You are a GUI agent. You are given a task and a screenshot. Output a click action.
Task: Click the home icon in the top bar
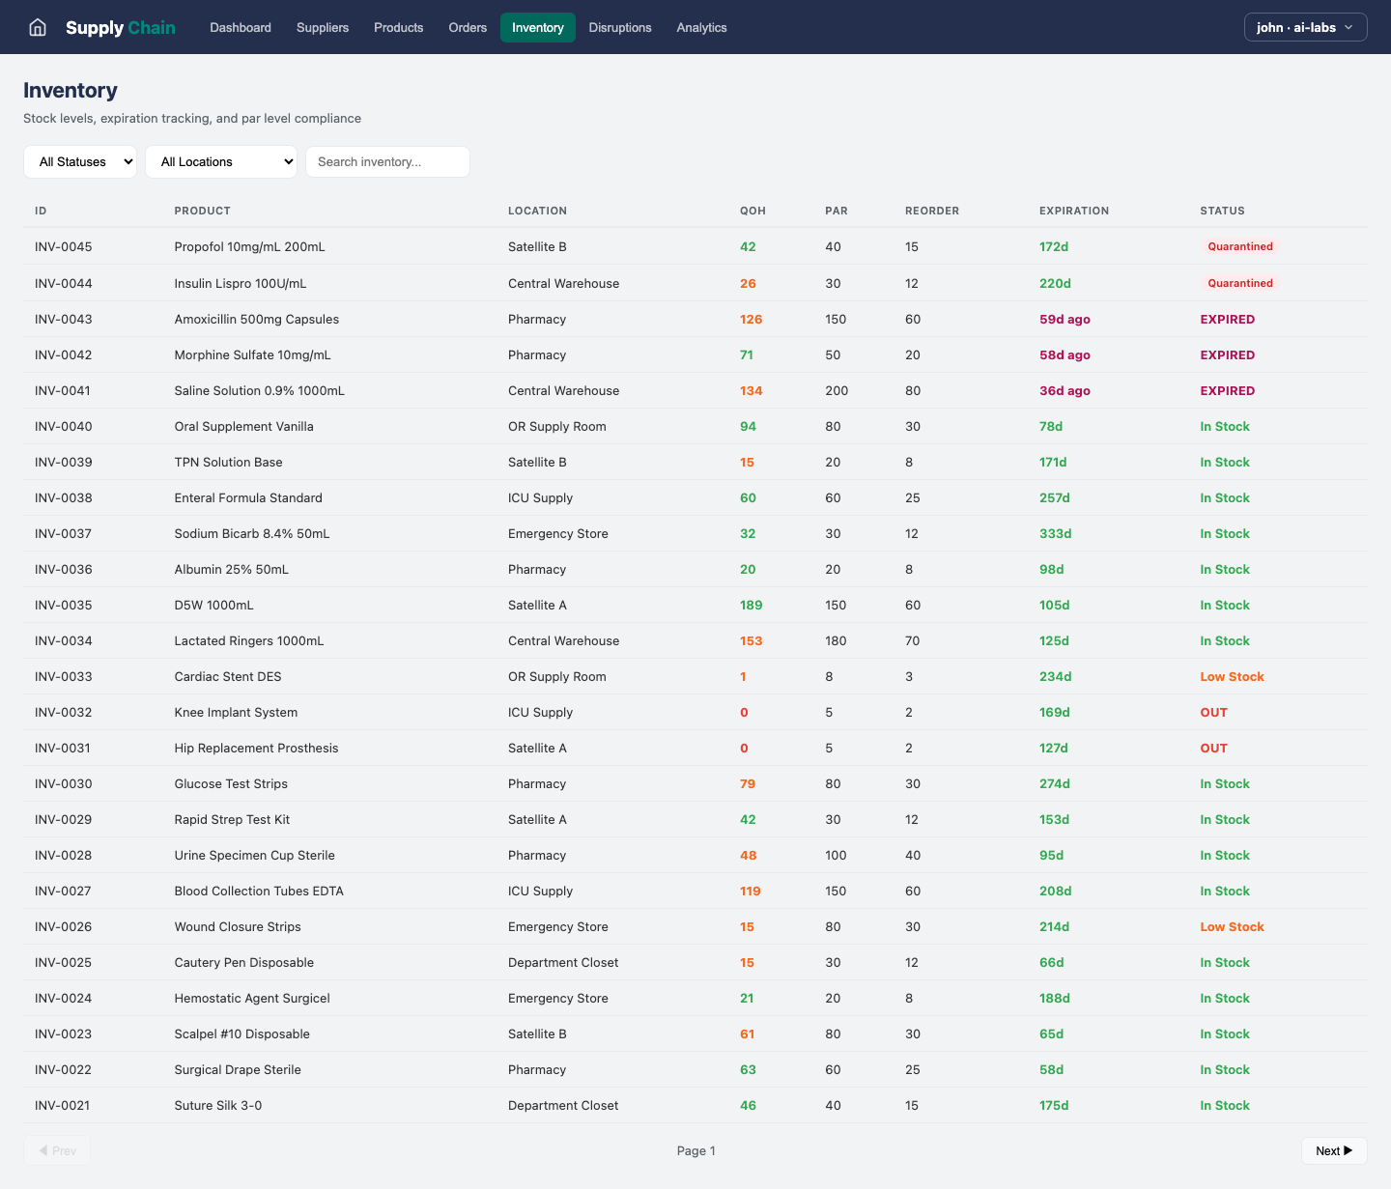pos(38,27)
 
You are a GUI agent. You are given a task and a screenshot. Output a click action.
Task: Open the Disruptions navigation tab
pos(620,27)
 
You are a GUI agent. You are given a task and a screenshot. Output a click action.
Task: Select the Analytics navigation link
pos(701,27)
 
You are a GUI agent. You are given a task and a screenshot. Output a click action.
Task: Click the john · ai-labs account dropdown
pos(1305,27)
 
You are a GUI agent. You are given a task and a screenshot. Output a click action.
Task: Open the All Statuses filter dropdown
pos(80,162)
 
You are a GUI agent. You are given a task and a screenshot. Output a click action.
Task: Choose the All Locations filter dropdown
pos(221,162)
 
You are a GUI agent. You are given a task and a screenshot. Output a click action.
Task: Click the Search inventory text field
pos(387,162)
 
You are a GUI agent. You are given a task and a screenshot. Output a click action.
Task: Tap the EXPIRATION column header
pos(1073,211)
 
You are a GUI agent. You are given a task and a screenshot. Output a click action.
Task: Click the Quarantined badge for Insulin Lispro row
pos(1239,283)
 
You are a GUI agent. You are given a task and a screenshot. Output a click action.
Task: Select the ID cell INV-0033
pos(64,676)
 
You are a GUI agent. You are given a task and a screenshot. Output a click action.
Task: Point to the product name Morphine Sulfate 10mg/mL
pos(252,354)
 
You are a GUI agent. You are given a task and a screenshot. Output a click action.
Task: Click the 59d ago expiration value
pos(1065,319)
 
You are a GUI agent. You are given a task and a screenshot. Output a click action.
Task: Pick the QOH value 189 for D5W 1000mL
pos(751,605)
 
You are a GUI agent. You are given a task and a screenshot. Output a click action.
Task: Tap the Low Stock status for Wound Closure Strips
pos(1232,926)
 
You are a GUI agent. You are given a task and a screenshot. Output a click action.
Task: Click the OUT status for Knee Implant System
pos(1213,712)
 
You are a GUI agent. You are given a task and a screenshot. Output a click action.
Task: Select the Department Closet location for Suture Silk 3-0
pos(563,1105)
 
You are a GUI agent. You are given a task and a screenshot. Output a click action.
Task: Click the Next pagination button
pos(1333,1150)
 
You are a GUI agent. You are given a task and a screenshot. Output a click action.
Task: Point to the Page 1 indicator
pos(695,1150)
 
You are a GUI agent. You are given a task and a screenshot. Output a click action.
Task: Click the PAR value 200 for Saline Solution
pos(837,390)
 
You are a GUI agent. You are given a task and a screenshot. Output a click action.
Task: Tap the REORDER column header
pos(931,211)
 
